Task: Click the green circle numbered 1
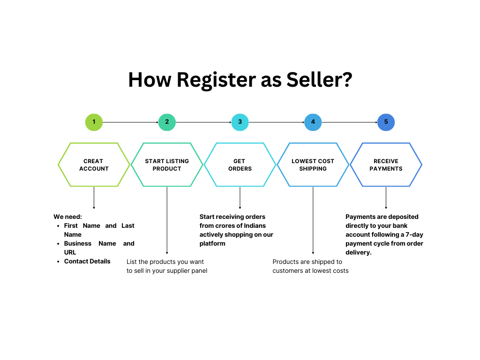pos(94,122)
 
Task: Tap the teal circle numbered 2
pos(167,122)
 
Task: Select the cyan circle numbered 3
pos(240,122)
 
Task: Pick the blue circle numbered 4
pos(313,122)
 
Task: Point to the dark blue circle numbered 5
pos(386,122)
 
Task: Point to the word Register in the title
pos(216,80)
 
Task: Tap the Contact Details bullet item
pos(87,261)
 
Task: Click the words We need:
pos(67,217)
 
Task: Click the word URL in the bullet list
pos(70,252)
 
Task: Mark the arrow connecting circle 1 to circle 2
pos(130,122)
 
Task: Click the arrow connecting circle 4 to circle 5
pos(350,122)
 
